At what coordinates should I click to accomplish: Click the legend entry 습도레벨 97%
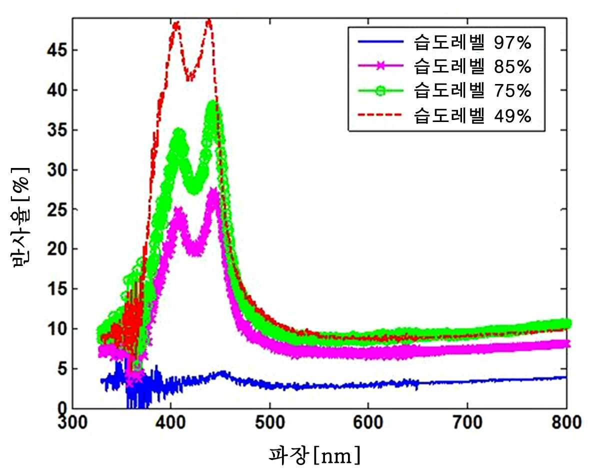pyautogui.click(x=472, y=42)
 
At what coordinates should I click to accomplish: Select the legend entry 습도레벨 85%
pyautogui.click(x=472, y=66)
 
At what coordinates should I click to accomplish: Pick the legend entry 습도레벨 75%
pyautogui.click(x=472, y=90)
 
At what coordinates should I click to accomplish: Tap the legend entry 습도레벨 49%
pyautogui.click(x=472, y=115)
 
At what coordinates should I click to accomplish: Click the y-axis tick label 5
pyautogui.click(x=62, y=368)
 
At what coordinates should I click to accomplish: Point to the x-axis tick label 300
pyautogui.click(x=72, y=422)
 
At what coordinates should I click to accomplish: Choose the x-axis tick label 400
pyautogui.click(x=171, y=422)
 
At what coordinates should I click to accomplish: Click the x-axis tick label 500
pyautogui.click(x=270, y=422)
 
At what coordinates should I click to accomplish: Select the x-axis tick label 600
pyautogui.click(x=368, y=422)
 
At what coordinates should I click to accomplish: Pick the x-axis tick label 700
pyautogui.click(x=467, y=422)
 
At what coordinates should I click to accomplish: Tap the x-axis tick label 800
pyautogui.click(x=566, y=422)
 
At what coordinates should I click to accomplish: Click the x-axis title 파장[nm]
pyautogui.click(x=314, y=455)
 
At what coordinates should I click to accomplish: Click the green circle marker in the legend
pyautogui.click(x=380, y=90)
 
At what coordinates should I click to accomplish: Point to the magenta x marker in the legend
pyautogui.click(x=380, y=66)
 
